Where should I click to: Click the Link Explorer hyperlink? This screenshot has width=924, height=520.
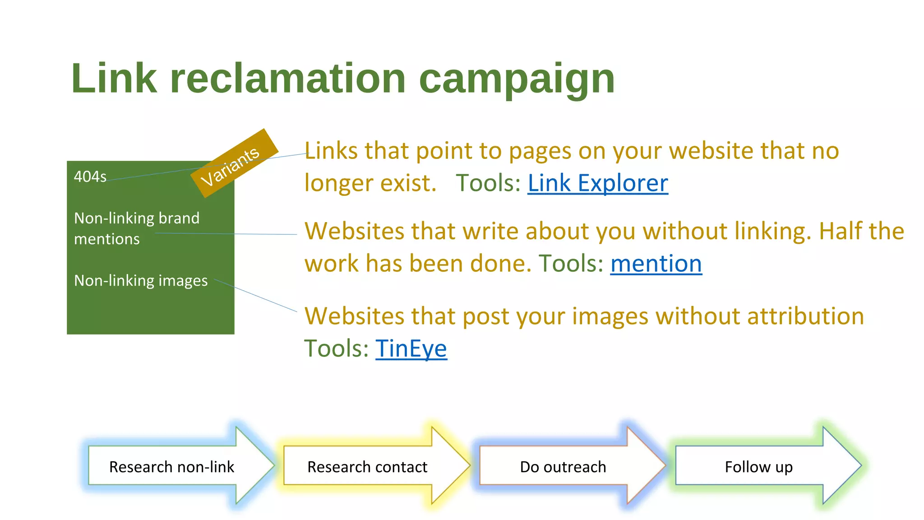point(597,183)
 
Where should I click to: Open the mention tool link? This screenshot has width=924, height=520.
point(656,264)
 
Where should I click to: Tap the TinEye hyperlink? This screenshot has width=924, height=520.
point(411,348)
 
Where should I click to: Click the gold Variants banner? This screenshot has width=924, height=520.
point(234,163)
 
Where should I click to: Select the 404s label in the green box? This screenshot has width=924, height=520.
point(90,176)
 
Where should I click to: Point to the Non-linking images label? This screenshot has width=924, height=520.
point(141,281)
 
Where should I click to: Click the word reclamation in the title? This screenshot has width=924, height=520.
point(288,79)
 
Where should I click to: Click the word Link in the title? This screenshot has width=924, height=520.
point(114,79)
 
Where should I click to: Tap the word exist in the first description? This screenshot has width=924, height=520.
point(408,183)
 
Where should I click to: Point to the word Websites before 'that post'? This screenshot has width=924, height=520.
point(354,316)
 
